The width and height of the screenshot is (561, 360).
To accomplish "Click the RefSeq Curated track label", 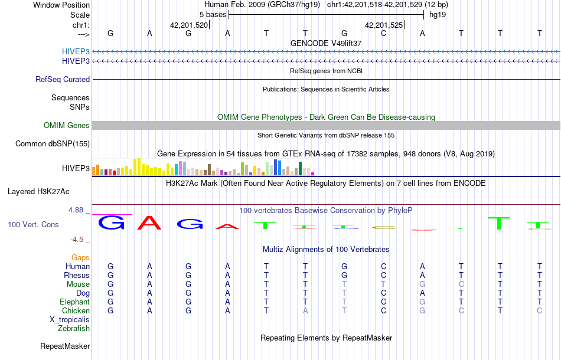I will point(63,80).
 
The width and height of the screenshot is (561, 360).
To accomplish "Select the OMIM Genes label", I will point(67,126).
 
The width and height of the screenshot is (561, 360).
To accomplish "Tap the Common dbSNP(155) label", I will point(53,144).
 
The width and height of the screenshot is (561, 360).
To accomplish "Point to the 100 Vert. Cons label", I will point(34,225).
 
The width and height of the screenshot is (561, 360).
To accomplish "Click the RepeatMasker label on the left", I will point(65,346).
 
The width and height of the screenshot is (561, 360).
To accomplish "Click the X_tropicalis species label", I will point(70,320).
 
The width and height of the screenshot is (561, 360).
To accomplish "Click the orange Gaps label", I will point(80,258).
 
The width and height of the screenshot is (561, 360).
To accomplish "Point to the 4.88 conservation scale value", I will point(78,210).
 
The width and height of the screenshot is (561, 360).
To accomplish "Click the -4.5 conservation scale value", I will point(79,240).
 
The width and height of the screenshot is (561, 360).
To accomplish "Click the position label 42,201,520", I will point(189,25).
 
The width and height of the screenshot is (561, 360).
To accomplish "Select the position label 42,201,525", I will point(384,25).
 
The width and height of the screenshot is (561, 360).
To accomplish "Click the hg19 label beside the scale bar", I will point(438,15).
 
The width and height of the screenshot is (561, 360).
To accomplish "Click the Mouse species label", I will point(78,284).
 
